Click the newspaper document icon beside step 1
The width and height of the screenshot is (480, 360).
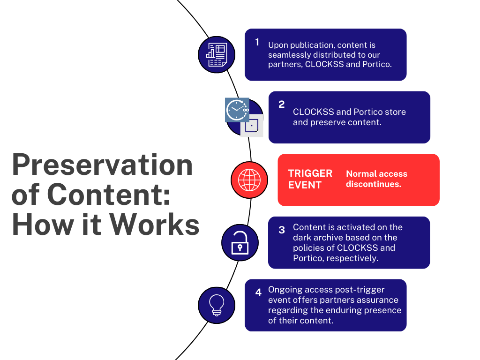pos(217,55)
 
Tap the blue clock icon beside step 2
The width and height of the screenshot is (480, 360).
pos(237,110)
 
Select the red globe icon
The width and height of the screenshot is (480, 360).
pos(249,180)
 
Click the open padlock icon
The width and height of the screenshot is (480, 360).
pos(240,242)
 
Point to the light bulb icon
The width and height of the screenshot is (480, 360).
pos(217,305)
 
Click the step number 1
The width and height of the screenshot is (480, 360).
pos(257,42)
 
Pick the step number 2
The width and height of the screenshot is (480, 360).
pos(281,105)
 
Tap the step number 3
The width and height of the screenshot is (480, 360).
pos(281,230)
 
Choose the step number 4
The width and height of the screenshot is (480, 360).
pos(258,292)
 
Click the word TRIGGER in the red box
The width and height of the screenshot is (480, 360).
pos(310,173)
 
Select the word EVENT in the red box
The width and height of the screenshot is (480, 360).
pos(305,185)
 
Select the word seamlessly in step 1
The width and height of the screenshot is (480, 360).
pos(289,55)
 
